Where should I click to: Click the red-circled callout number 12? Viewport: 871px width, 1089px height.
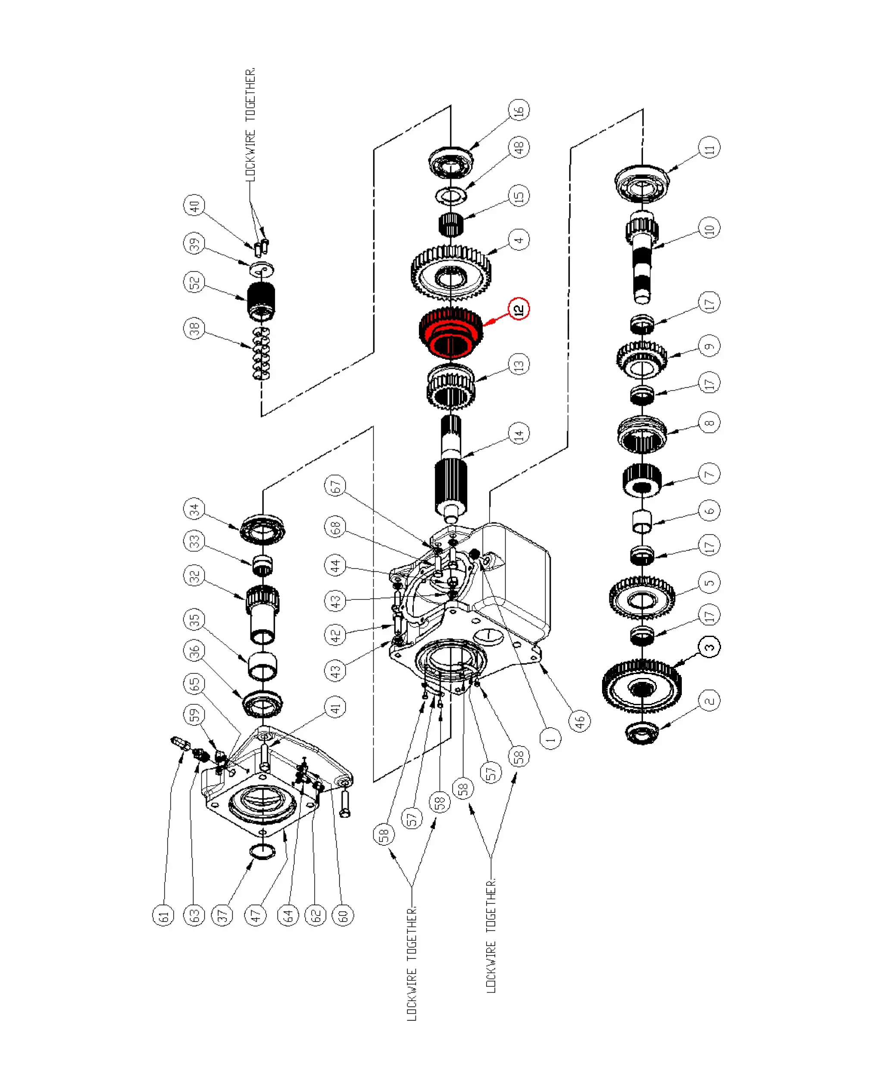click(519, 309)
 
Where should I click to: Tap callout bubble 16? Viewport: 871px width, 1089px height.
click(519, 110)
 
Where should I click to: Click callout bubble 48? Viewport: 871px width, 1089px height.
click(519, 147)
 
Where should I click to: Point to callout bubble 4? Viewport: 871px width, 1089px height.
click(519, 239)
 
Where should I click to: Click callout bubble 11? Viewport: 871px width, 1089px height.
click(709, 148)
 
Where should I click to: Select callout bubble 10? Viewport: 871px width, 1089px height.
click(709, 228)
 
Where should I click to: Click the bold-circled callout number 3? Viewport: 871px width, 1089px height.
click(709, 647)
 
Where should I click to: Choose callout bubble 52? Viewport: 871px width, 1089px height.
click(194, 282)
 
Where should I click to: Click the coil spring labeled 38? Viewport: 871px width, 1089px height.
click(261, 354)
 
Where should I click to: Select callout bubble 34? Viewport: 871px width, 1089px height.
click(194, 510)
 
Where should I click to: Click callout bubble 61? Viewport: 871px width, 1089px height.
click(163, 915)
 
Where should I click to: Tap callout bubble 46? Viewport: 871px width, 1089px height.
click(580, 720)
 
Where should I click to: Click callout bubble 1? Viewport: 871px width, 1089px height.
click(550, 739)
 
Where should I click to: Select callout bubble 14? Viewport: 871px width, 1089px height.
click(519, 433)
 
